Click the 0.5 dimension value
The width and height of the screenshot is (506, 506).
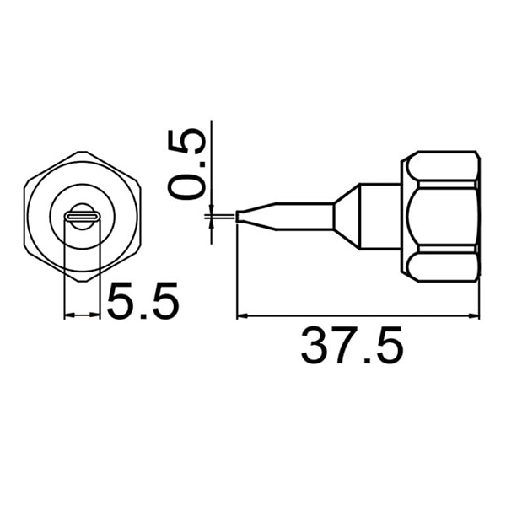(187, 164)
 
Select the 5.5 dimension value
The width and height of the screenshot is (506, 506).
(143, 301)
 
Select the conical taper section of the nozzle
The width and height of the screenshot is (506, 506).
(347, 217)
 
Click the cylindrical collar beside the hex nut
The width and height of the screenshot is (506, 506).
(380, 217)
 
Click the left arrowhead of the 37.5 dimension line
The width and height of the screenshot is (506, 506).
(242, 316)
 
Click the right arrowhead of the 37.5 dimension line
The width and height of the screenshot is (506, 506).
(474, 316)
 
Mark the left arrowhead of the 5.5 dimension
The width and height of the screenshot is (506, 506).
(69, 315)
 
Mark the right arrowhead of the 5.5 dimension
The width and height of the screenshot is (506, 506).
(95, 315)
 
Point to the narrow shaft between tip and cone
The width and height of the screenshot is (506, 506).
(304, 216)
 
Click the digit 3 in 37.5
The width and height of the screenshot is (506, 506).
(315, 346)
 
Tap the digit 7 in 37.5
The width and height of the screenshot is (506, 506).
(347, 346)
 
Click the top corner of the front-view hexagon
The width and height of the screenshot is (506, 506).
(83, 152)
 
